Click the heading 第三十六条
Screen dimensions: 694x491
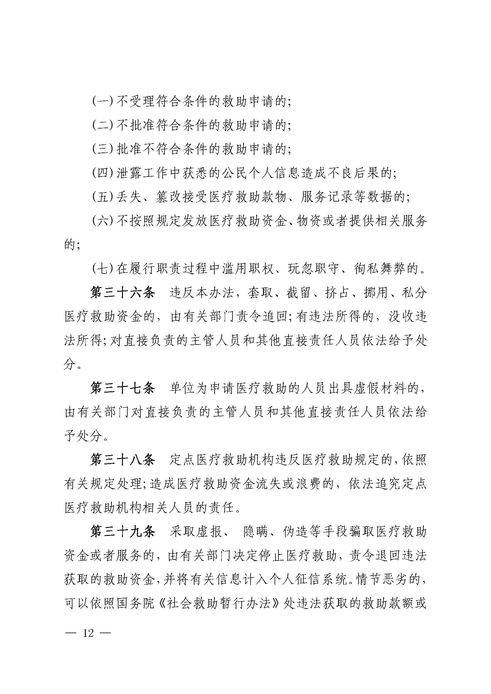point(122,293)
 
